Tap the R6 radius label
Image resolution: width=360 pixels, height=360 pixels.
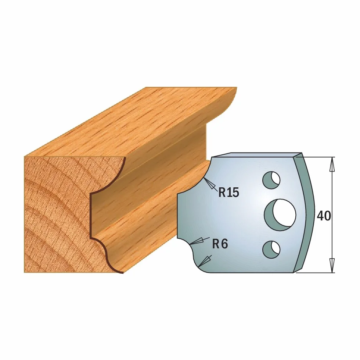pos(220,244)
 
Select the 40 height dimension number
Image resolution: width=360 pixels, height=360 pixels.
pos(324,216)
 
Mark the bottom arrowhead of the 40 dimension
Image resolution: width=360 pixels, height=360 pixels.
pos(332,265)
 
